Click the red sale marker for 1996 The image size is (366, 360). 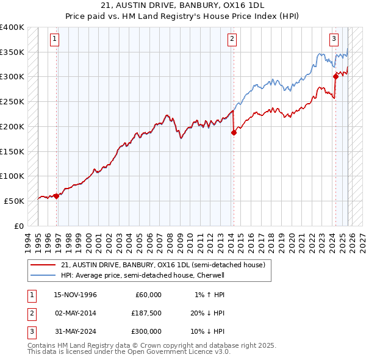pos(57,196)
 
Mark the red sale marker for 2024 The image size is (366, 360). pos(335,76)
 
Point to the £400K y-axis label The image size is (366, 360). pos(12,27)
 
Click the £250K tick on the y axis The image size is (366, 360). pos(12,102)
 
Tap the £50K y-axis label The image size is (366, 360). pos(15,201)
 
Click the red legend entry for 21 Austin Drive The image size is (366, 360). pos(163,265)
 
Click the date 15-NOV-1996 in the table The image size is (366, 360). pos(76,295)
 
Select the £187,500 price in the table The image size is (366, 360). pos(146,313)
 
